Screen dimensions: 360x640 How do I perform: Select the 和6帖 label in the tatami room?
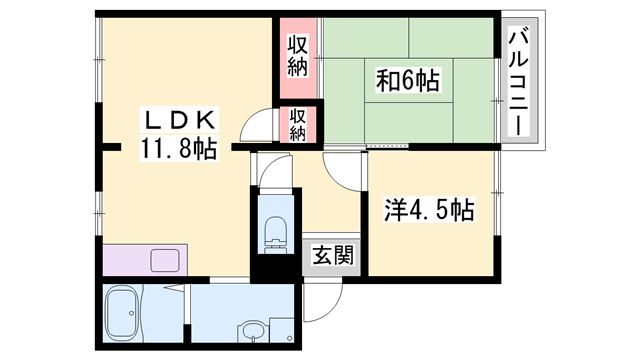(407, 79)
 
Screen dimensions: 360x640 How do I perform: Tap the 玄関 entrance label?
(329, 256)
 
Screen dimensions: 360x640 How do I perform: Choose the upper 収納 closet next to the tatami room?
(297, 55)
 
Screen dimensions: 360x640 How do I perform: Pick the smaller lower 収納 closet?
(298, 124)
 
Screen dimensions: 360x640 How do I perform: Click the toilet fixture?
(272, 231)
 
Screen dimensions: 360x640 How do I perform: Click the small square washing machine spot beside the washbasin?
(284, 329)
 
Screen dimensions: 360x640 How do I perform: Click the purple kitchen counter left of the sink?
(125, 260)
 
